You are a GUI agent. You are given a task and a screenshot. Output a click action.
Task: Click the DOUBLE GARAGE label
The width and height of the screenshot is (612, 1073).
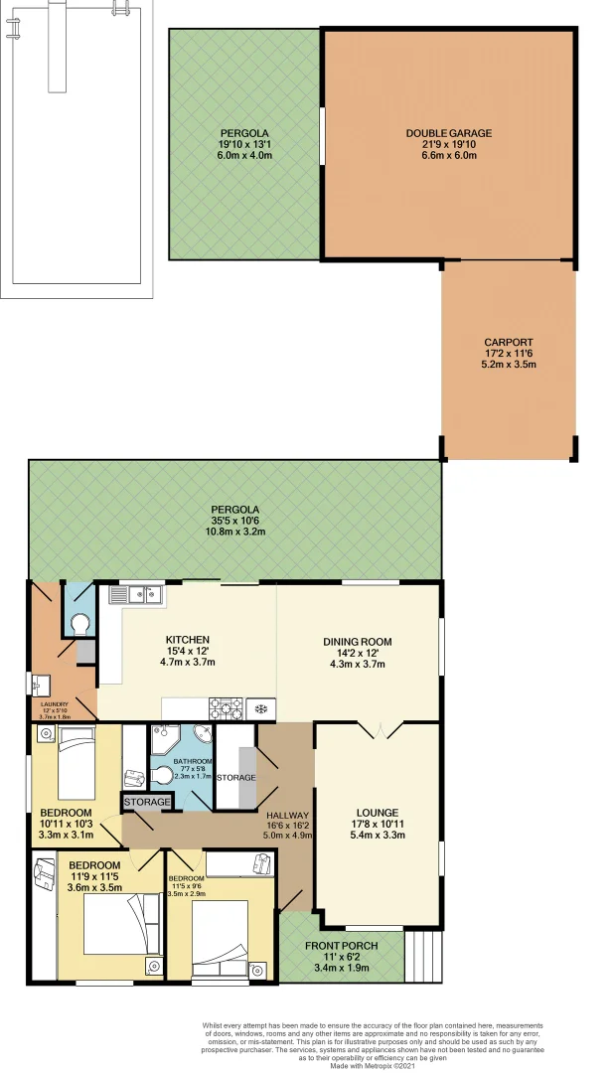click(x=448, y=133)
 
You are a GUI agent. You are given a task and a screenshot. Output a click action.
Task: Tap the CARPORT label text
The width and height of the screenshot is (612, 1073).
click(x=508, y=341)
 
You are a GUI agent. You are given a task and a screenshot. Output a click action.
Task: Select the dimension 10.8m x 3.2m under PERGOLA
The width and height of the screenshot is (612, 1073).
click(x=235, y=533)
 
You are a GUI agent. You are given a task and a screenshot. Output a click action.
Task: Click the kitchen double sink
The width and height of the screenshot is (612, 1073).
click(x=137, y=596)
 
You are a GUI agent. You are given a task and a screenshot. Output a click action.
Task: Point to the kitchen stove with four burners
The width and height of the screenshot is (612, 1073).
click(x=226, y=708)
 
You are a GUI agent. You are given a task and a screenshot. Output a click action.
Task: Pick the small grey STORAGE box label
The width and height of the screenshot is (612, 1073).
click(x=147, y=802)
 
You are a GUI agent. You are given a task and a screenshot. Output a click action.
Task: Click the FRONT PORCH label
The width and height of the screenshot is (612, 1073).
click(x=341, y=945)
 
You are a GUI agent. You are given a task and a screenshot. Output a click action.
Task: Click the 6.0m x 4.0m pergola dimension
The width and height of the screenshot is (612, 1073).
click(x=244, y=155)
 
